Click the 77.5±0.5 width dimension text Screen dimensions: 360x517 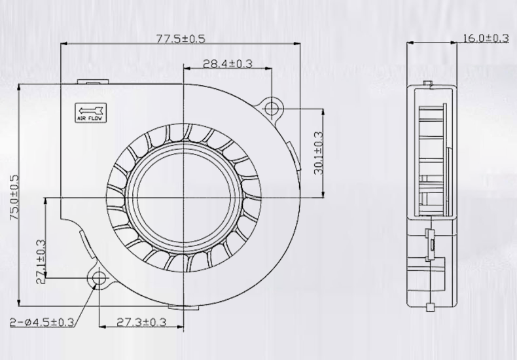181,39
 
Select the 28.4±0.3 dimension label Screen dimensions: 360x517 227,63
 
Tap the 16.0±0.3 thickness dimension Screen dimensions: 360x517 486,38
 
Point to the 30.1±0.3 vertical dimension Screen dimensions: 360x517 318,153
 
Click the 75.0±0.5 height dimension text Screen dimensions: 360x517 14,196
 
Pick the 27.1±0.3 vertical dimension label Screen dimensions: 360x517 41,261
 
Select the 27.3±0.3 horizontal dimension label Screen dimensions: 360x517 141,322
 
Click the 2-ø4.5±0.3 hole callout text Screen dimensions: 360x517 41,322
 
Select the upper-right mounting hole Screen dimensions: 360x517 272,107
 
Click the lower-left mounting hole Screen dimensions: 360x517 99,279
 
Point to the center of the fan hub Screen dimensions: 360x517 183,196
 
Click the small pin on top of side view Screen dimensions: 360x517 429,84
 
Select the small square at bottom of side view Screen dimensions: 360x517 429,306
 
